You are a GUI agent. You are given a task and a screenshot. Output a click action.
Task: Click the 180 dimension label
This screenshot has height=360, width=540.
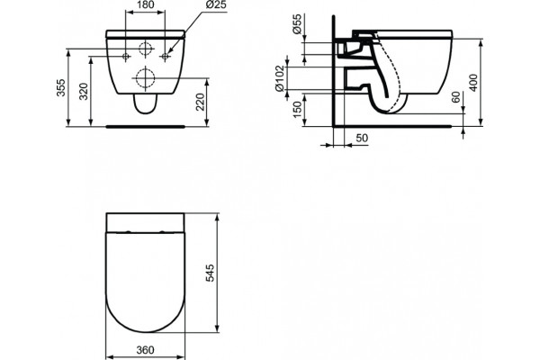pos(145,4)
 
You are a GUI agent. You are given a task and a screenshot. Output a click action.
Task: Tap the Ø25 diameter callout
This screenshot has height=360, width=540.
pos(216,4)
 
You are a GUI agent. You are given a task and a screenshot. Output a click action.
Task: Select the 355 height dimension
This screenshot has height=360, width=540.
pos(60,87)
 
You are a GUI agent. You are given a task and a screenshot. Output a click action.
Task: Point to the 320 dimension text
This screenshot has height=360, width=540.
pos(84,91)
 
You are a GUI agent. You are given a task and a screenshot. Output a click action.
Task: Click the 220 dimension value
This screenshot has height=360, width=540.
pos(200,102)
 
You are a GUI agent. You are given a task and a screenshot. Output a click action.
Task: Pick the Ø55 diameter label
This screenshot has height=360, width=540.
pos(297,23)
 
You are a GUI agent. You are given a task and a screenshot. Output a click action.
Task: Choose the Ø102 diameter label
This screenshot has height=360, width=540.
pos(279,78)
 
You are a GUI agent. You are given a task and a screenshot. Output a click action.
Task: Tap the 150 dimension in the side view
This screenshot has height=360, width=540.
pos(297,109)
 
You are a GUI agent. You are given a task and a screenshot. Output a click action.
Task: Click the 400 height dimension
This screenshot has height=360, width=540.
pos(474,83)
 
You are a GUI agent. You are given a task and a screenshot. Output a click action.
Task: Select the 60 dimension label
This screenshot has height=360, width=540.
pos(456,97)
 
